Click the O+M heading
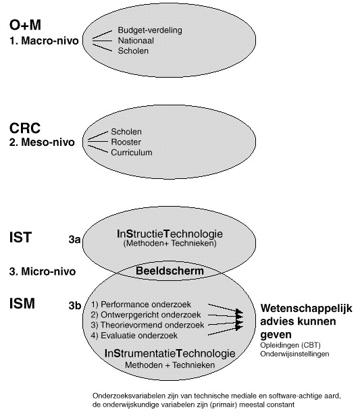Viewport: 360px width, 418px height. point(26,24)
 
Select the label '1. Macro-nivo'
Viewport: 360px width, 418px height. point(45,41)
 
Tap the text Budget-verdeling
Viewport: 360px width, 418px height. point(150,30)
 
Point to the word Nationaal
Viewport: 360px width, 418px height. point(136,41)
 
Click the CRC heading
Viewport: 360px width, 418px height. point(25,128)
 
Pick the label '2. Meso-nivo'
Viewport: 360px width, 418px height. point(42,142)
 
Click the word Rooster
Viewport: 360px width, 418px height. point(126,142)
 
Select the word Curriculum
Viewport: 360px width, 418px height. point(132,152)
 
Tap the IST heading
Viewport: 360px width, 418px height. point(20,237)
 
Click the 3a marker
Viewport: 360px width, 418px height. point(74,240)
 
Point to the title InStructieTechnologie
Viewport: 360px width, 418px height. point(170,234)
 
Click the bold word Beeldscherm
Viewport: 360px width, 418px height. point(170,271)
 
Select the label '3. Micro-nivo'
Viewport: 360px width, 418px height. point(43,271)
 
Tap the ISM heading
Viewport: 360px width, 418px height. point(22,303)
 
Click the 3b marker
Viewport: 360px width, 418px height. point(75,305)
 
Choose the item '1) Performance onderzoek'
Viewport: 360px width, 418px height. point(141,304)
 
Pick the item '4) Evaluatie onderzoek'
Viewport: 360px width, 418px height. point(134,335)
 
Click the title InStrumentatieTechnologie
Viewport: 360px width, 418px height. point(170,353)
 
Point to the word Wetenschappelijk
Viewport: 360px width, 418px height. point(307,309)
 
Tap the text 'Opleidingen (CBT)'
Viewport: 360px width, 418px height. point(290,345)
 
